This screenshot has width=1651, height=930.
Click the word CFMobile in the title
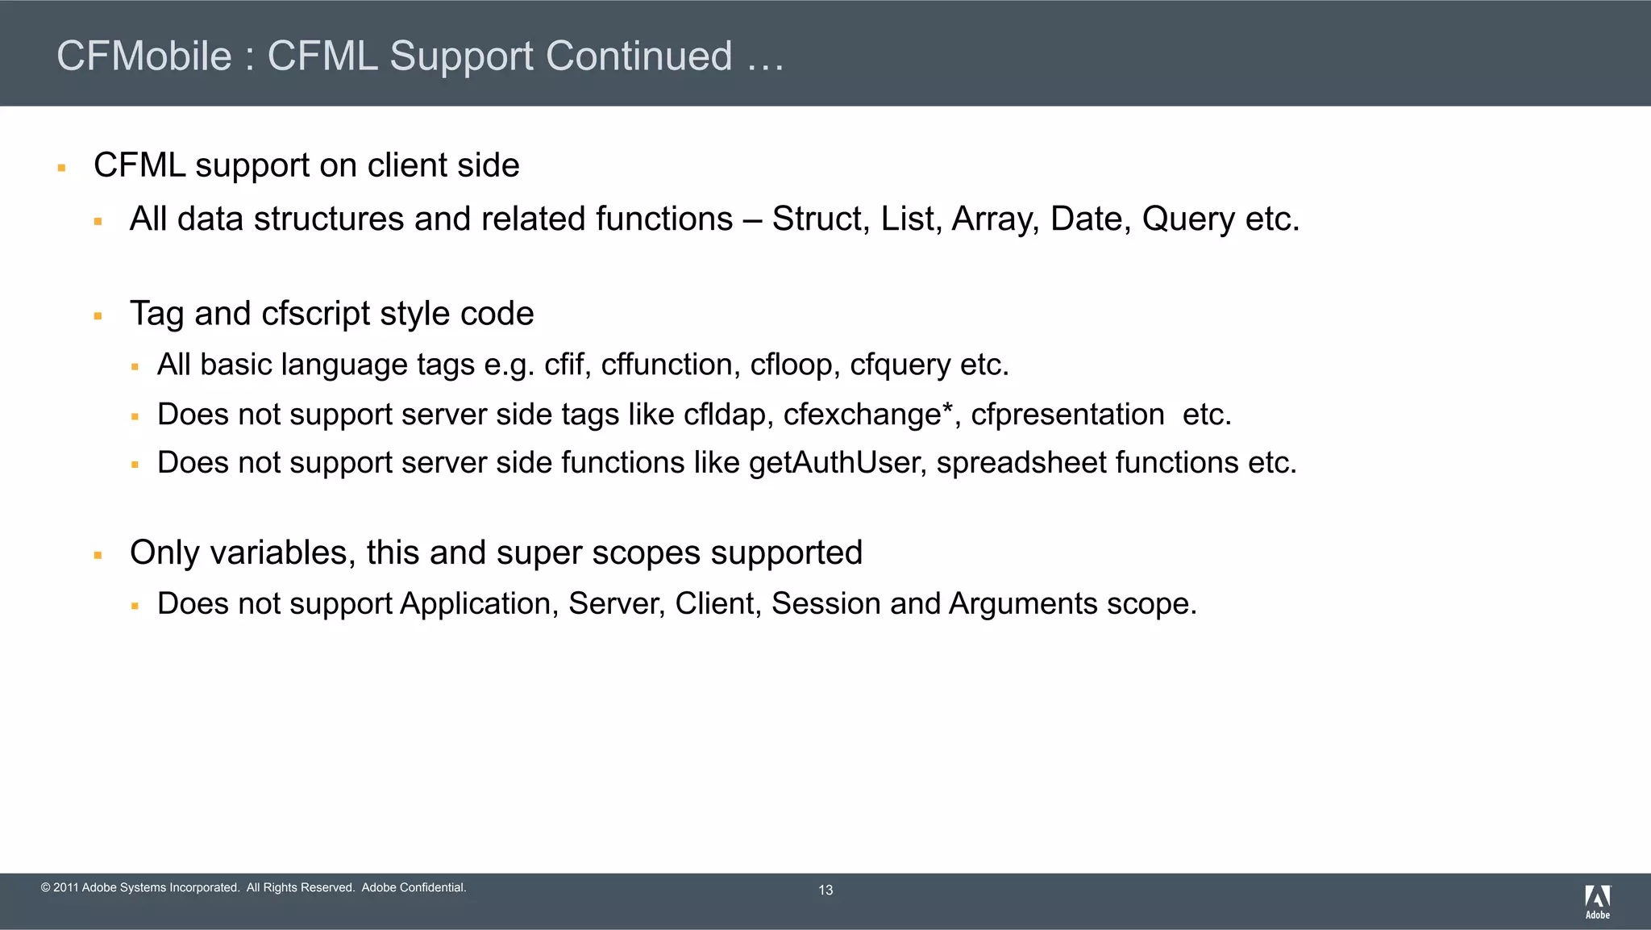coord(144,56)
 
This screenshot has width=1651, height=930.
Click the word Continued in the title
coord(639,56)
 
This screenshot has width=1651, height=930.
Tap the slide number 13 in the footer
coord(825,890)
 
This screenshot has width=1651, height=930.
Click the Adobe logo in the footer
coord(1597,901)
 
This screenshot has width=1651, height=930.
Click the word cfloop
coord(795,365)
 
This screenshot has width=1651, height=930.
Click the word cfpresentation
coord(1067,415)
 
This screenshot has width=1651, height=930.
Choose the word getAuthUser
coord(838,463)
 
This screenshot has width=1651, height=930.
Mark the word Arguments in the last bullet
coord(1023,604)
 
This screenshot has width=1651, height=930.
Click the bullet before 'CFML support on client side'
coord(61,168)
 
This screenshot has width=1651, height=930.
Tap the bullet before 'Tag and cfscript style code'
coord(98,316)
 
